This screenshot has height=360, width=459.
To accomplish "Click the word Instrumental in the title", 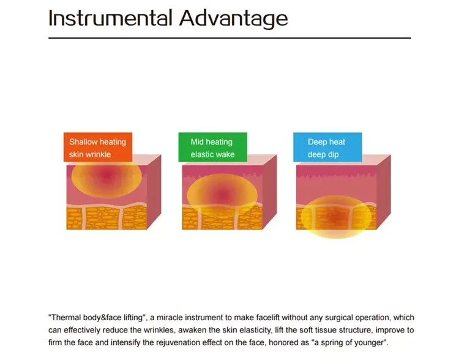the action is click(110, 18).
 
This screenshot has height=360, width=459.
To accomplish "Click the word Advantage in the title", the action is click(234, 19).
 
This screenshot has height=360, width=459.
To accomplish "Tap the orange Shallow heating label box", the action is click(98, 147).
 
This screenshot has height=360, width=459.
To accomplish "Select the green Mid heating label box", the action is click(213, 147).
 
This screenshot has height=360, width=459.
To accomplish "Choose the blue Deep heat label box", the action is click(327, 147).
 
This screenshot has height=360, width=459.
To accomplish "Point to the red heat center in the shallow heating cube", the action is click(106, 175).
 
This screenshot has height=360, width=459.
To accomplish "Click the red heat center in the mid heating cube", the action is click(223, 195).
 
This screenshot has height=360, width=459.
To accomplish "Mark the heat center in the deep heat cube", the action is click(336, 217).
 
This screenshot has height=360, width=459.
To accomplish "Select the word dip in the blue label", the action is click(334, 155).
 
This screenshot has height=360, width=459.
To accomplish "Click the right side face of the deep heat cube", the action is click(384, 192).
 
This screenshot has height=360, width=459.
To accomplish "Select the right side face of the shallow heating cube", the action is click(154, 192).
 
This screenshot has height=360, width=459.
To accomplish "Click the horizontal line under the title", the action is click(229, 38).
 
